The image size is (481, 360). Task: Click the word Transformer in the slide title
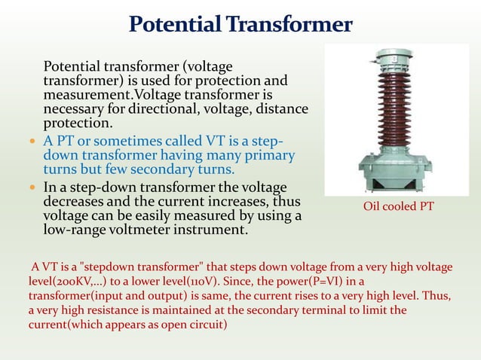coord(295,24)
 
